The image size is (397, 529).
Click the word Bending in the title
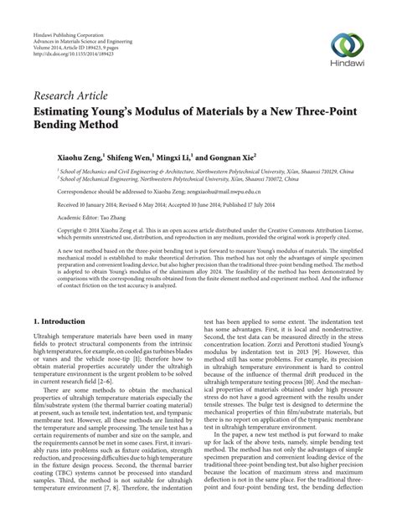click(x=59, y=124)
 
